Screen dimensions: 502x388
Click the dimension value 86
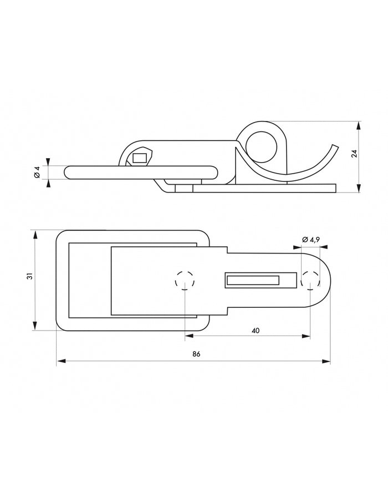coord(196,354)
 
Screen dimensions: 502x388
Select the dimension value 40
coord(255,330)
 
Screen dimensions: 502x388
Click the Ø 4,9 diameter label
coord(311,240)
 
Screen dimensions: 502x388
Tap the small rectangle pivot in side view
coord(140,158)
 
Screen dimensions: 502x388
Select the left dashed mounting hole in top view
coord(185,281)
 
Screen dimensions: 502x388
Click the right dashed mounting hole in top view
coord(310,281)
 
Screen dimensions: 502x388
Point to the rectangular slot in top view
coord(252,281)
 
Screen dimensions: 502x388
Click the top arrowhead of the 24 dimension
coord(360,123)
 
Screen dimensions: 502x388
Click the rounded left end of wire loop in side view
coord(68,173)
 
